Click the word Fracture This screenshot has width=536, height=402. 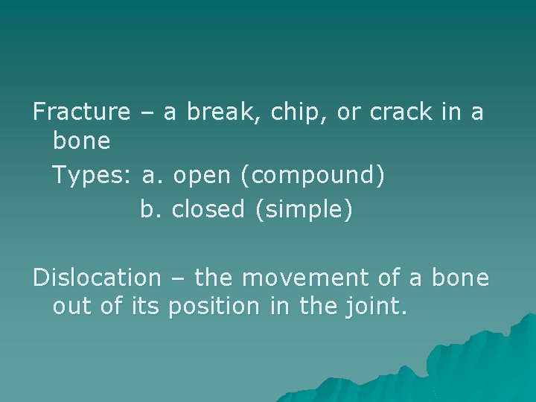click(81, 112)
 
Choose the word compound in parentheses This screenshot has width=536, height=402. click(318, 176)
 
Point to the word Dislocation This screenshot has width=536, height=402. click(96, 278)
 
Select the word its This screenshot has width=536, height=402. click(147, 306)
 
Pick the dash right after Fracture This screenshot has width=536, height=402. click(146, 113)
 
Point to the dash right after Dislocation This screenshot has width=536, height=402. click(176, 278)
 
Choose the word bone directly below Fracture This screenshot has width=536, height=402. click(82, 141)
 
